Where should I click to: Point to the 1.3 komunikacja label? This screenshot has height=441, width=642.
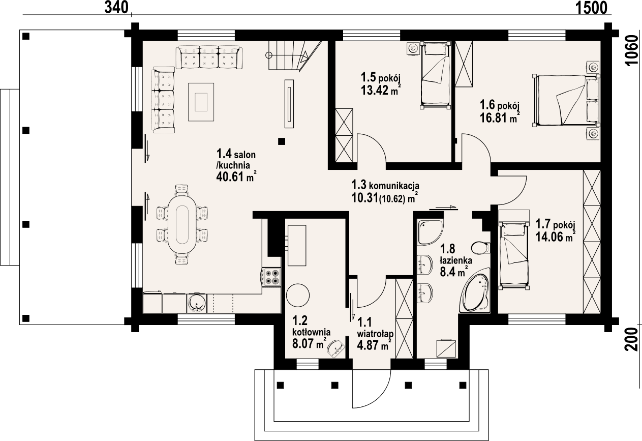click(385, 185)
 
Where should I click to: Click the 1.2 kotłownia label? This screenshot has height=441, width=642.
click(311, 331)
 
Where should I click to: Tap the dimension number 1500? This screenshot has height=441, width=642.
click(593, 7)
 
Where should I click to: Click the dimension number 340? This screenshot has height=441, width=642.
click(115, 7)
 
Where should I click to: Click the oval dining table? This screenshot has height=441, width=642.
click(182, 225)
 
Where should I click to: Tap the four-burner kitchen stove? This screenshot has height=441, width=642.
click(271, 276)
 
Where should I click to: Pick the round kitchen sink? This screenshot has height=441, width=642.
click(196, 303)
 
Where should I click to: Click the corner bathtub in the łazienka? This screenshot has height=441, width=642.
click(475, 293)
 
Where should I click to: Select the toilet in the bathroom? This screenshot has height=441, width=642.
click(479, 248)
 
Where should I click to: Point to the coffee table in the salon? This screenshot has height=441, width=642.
click(201, 101)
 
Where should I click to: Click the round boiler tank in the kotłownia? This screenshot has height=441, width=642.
click(297, 295)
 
